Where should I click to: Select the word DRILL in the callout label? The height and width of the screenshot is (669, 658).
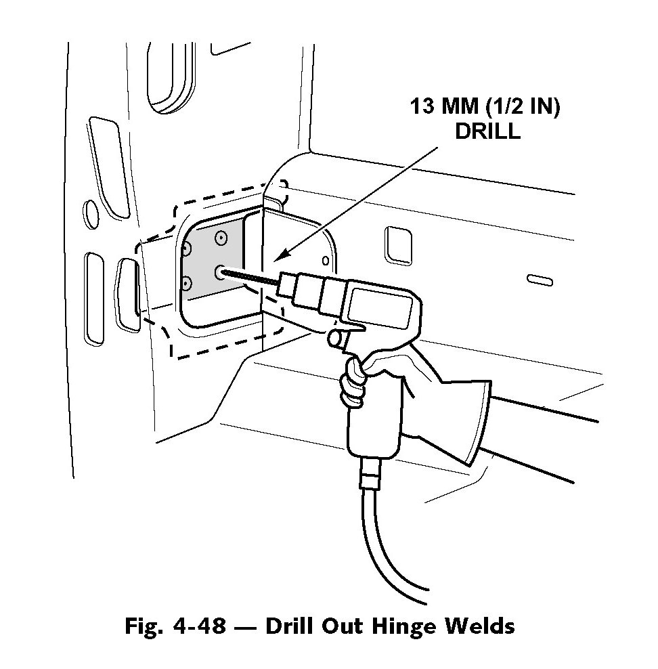pos(487,131)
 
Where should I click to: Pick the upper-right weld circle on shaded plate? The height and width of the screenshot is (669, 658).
pos(220,236)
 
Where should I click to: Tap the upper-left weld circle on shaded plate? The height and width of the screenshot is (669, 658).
pos(188,249)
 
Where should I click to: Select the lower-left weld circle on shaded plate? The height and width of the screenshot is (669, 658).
pos(186,282)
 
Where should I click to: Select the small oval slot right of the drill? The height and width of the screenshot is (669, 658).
pos(540,279)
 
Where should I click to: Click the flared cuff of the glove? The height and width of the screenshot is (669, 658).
pos(474,420)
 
